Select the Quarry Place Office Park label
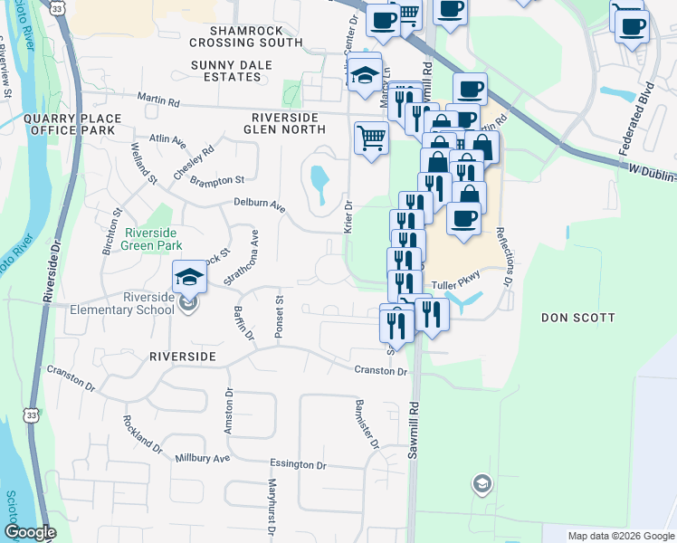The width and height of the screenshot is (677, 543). pyautogui.click(x=71, y=124)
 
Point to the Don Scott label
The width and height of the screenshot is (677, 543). pyautogui.click(x=577, y=318)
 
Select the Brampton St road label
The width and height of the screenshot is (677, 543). pyautogui.click(x=217, y=181)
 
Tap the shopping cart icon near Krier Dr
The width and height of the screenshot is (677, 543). pyautogui.click(x=370, y=138)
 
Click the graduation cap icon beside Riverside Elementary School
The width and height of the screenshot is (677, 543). pyautogui.click(x=189, y=276)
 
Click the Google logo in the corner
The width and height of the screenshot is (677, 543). pyautogui.click(x=30, y=533)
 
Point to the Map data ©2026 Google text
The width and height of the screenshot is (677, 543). pyautogui.click(x=620, y=536)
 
